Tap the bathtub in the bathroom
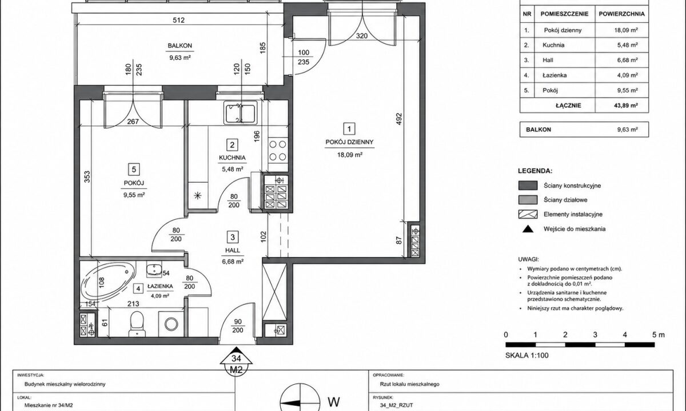point(108,282)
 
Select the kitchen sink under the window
point(240,112)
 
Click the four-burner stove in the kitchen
point(278,151)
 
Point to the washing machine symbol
point(171,324)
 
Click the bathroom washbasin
point(154,269)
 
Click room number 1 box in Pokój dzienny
point(349,129)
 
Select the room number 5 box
point(134,169)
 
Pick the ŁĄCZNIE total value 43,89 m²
point(627,106)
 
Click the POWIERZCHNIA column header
point(622,14)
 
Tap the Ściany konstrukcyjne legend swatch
point(528,186)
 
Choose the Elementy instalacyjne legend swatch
point(528,214)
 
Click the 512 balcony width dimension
point(179,20)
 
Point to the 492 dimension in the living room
point(398,119)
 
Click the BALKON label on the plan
point(180,46)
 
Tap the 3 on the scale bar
point(595,335)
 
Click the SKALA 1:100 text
point(527,355)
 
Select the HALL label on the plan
point(233,251)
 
